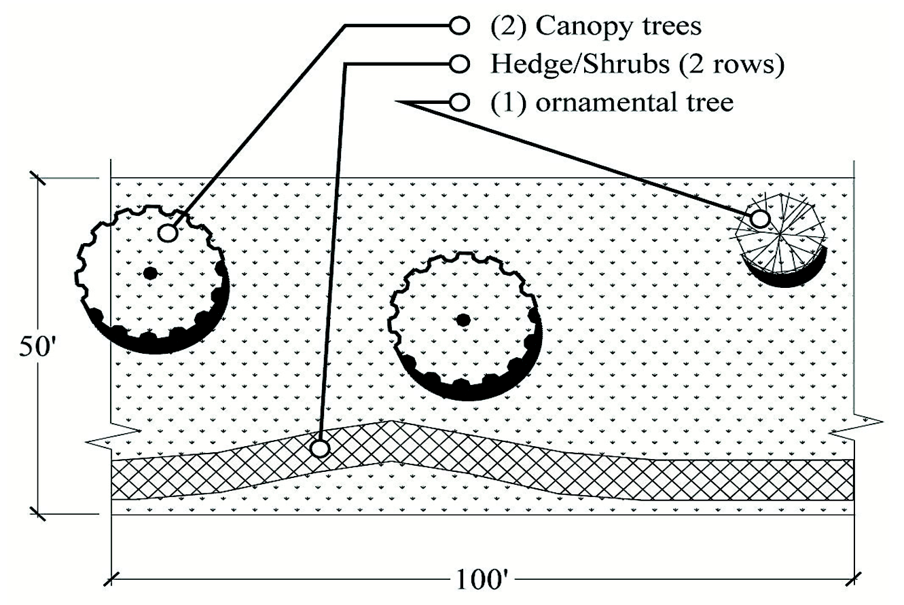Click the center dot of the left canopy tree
point(150,273)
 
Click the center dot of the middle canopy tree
point(463,319)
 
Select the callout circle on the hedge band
point(319,448)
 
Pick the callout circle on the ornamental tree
point(760,219)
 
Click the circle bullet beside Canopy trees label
point(460,26)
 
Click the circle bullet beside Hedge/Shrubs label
point(460,65)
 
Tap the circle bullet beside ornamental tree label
point(460,103)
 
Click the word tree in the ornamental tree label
point(708,103)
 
